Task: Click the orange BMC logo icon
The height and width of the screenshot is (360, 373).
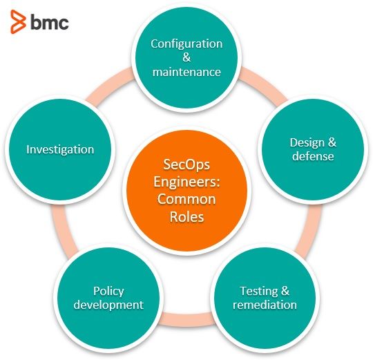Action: [18, 21]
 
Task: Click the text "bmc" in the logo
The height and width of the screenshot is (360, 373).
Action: [50, 22]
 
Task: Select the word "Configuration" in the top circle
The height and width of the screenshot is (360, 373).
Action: [186, 44]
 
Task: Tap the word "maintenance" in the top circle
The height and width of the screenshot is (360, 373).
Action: [186, 72]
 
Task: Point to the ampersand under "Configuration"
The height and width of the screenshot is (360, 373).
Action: [186, 57]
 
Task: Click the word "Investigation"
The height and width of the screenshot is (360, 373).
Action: [60, 150]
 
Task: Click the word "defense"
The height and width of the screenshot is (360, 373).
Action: [313, 156]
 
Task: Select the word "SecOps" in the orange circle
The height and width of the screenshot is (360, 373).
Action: [186, 165]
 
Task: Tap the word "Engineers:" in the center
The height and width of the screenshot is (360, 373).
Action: [186, 182]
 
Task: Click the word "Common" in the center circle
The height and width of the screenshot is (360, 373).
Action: [186, 199]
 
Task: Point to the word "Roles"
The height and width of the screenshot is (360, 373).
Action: [186, 217]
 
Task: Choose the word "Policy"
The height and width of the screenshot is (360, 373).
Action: [108, 291]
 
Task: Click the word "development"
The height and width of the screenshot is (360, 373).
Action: [108, 305]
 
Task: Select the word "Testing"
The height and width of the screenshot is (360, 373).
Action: [258, 291]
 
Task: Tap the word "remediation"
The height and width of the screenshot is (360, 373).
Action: [265, 305]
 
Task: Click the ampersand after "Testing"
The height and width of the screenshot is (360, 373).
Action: [285, 291]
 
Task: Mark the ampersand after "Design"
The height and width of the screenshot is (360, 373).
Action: [332, 142]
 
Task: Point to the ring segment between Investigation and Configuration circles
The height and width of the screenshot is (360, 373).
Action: [108, 84]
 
